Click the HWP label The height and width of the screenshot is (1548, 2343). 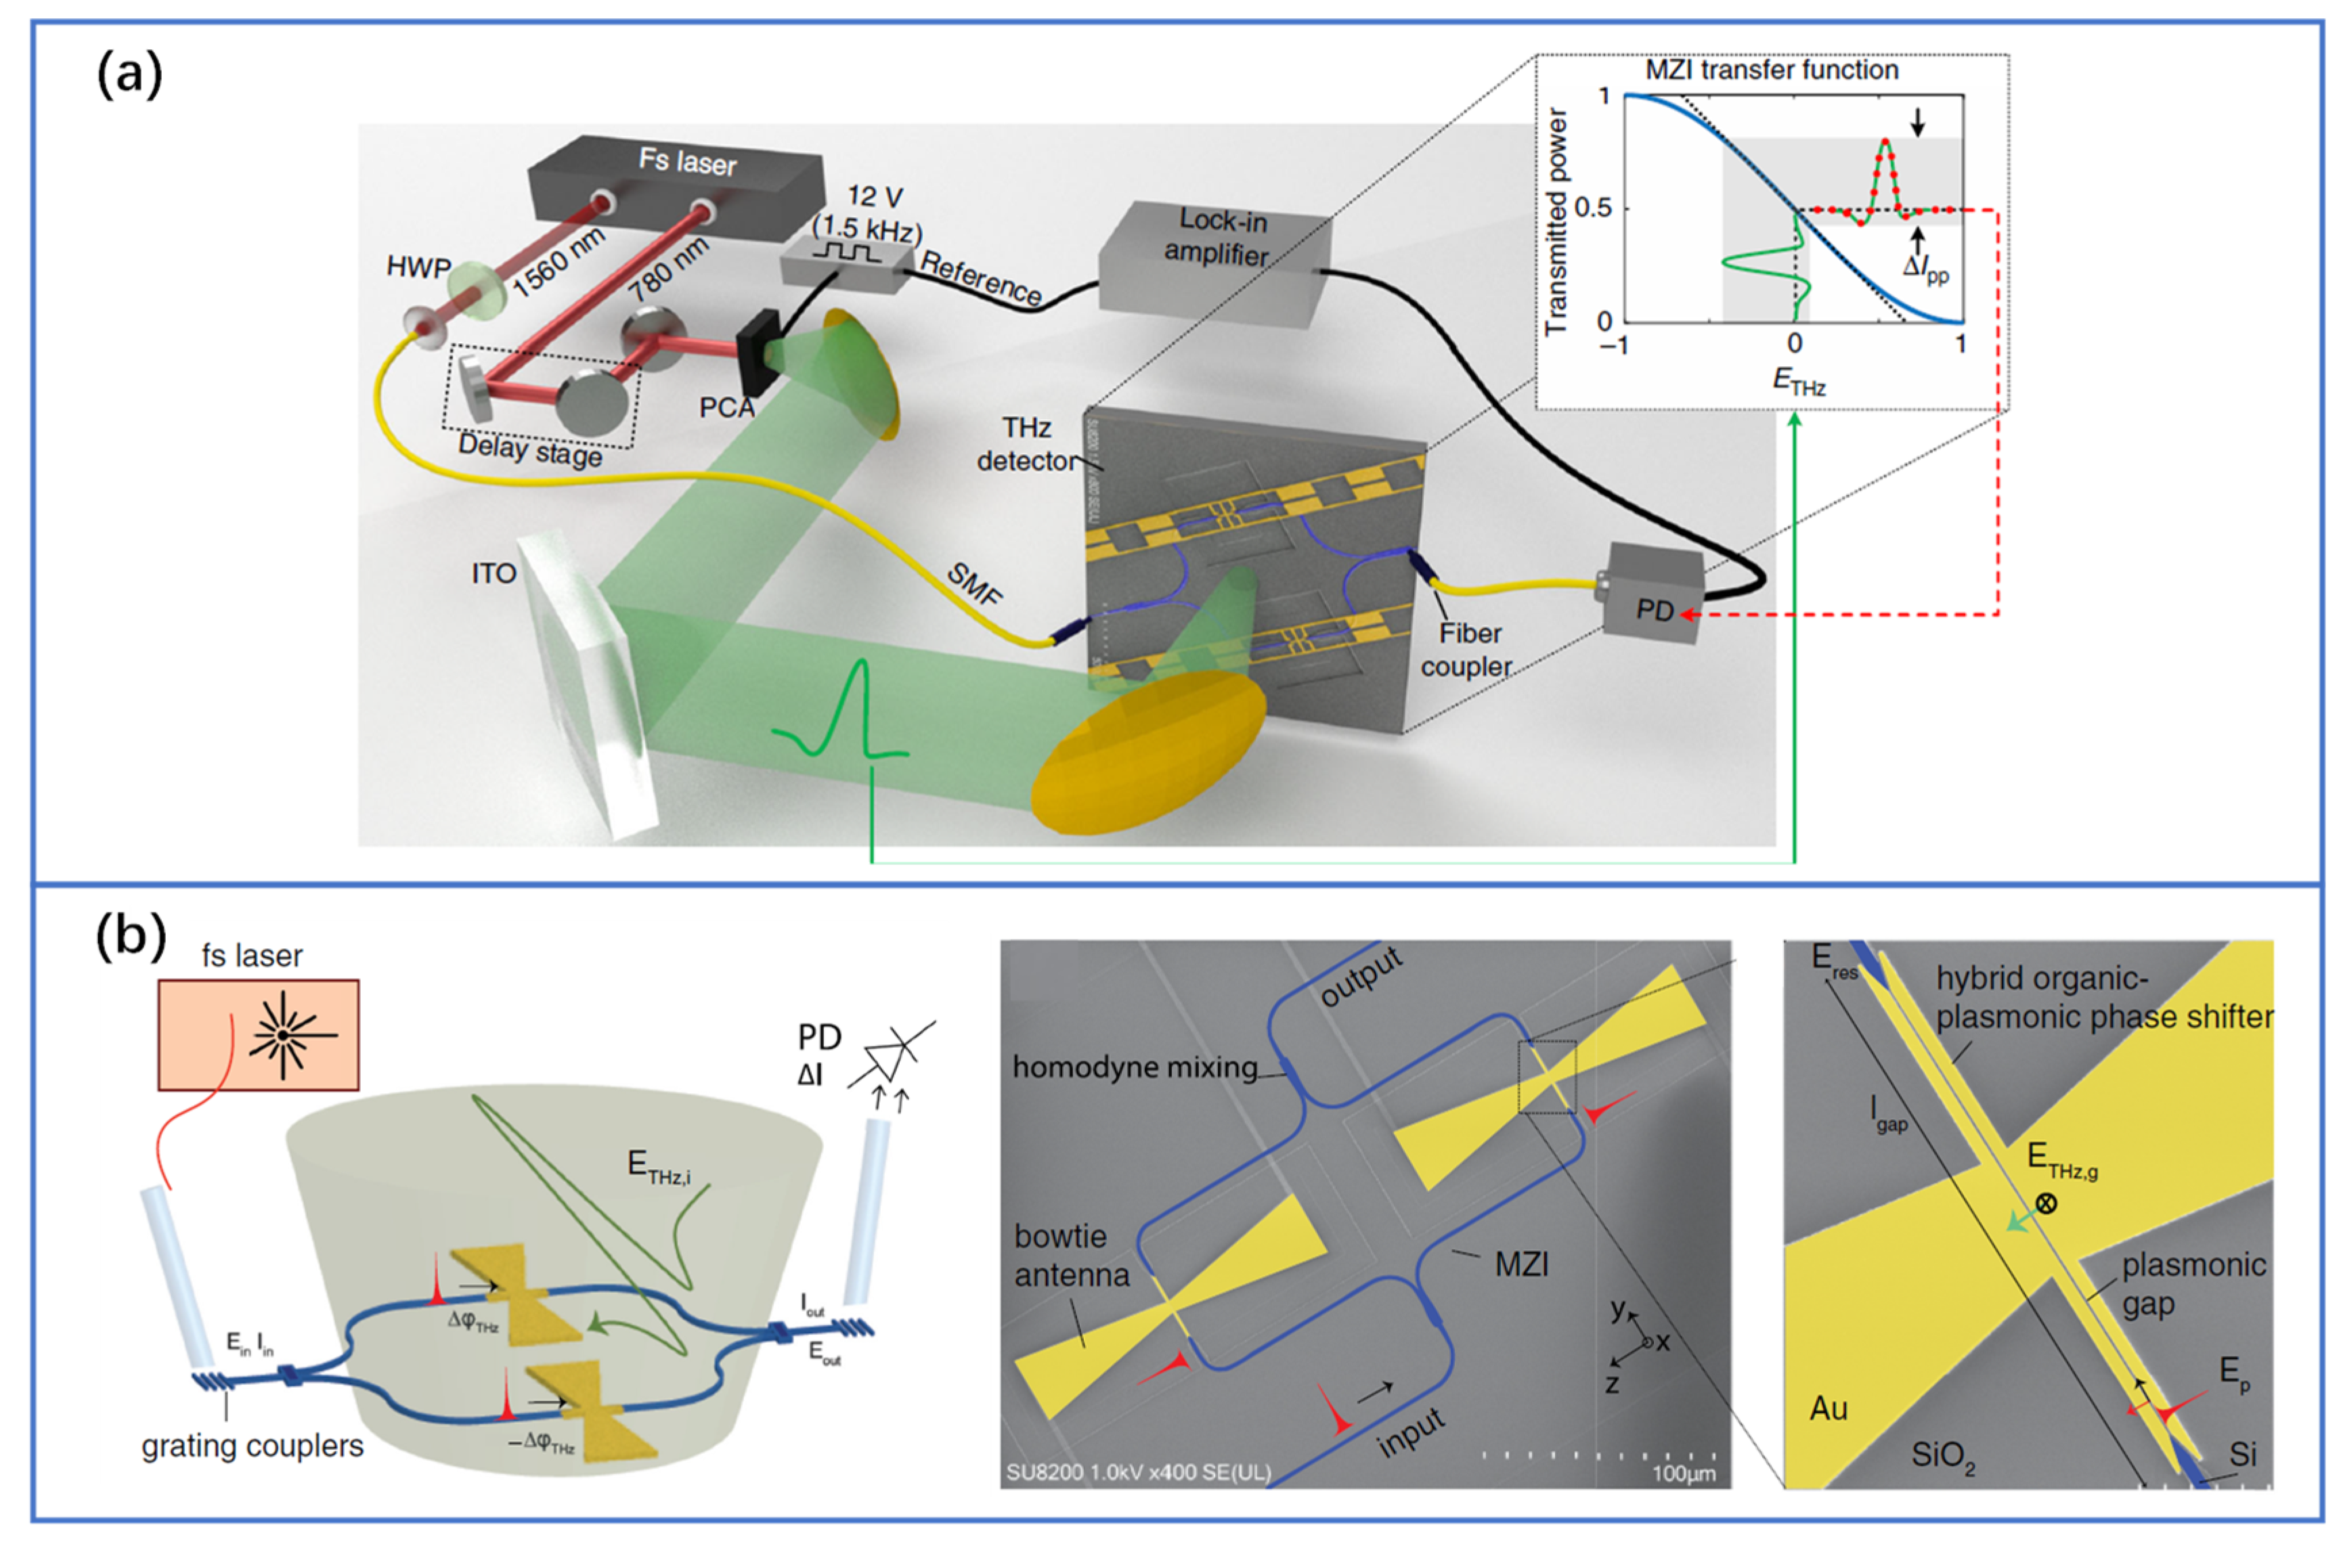[418, 267]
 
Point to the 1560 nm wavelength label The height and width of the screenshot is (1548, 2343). [557, 262]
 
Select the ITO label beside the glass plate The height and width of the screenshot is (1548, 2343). [494, 573]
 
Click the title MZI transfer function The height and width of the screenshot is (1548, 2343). [1772, 70]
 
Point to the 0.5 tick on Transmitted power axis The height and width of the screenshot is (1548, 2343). [1592, 208]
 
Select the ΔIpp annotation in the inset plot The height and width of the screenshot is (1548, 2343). [1925, 267]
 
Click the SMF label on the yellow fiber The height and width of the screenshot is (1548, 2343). [975, 585]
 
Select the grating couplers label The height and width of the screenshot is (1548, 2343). [252, 1446]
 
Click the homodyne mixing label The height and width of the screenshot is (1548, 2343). [1135, 1067]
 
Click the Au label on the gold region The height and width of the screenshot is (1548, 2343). [1828, 1408]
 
